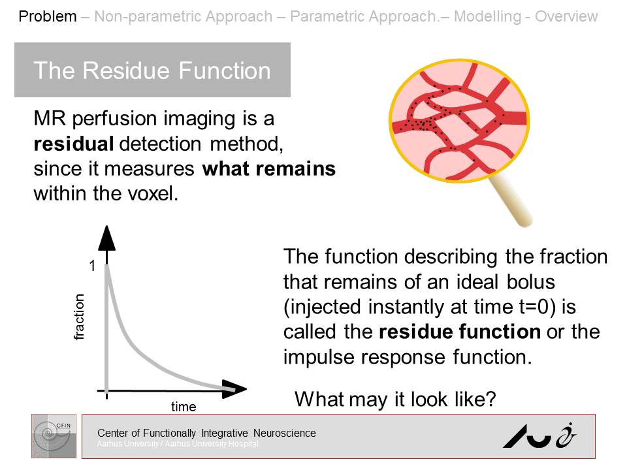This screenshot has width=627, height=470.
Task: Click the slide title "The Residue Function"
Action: click(x=152, y=70)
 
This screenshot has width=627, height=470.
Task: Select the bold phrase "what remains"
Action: click(x=268, y=169)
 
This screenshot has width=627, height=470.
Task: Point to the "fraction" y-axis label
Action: click(x=80, y=317)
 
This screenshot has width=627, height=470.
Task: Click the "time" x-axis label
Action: click(x=184, y=407)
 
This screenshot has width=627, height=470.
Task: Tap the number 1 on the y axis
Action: click(x=93, y=266)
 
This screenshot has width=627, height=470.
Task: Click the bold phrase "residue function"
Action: click(x=459, y=332)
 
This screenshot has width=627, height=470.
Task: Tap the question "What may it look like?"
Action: click(x=396, y=399)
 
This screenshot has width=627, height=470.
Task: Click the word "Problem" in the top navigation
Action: click(x=48, y=16)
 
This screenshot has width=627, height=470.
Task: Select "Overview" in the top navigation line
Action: click(x=566, y=16)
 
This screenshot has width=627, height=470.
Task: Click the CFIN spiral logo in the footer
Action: click(x=54, y=435)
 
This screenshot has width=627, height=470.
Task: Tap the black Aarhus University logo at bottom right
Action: click(x=539, y=435)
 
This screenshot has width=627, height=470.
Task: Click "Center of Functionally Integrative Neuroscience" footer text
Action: click(x=206, y=433)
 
